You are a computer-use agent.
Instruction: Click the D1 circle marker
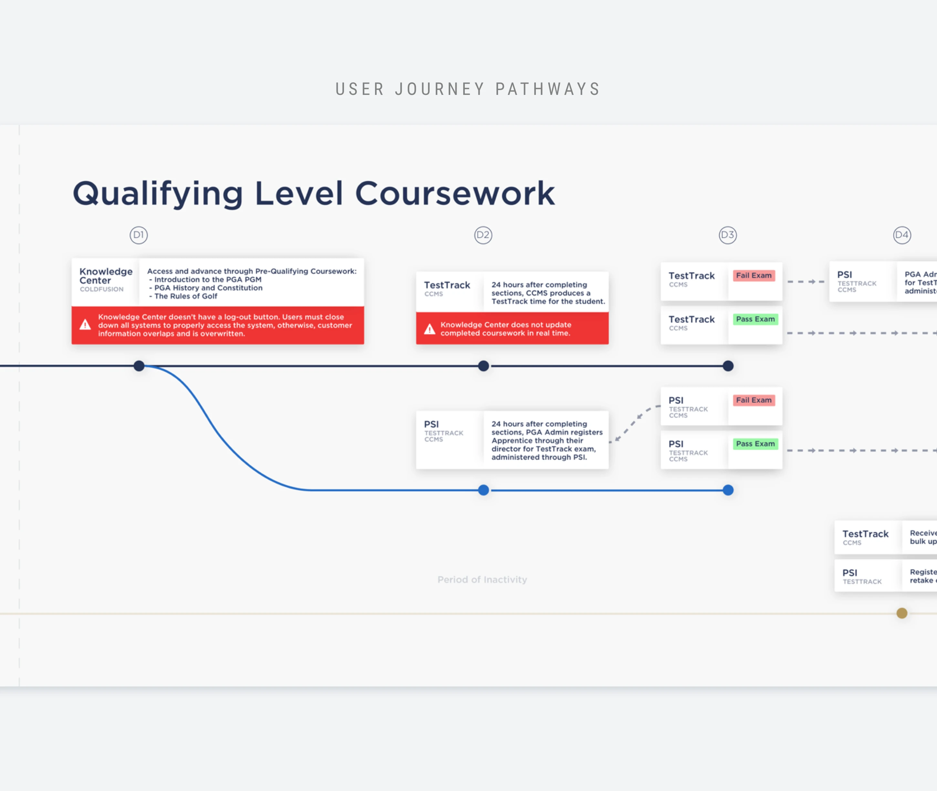click(139, 235)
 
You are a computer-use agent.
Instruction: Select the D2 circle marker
click(483, 235)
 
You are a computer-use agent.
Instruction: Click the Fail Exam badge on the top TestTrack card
click(754, 275)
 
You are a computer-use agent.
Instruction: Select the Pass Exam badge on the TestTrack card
click(755, 319)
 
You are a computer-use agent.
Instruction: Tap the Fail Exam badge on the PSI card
click(754, 400)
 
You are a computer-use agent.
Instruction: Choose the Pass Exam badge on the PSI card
click(755, 444)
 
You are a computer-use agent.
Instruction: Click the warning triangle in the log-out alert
click(85, 325)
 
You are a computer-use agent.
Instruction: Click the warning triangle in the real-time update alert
click(430, 329)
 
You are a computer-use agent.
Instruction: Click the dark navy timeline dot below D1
click(139, 366)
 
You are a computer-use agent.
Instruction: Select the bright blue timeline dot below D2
click(483, 490)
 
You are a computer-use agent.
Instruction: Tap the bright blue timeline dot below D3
click(728, 490)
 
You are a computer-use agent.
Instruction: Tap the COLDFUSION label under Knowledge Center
click(101, 289)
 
